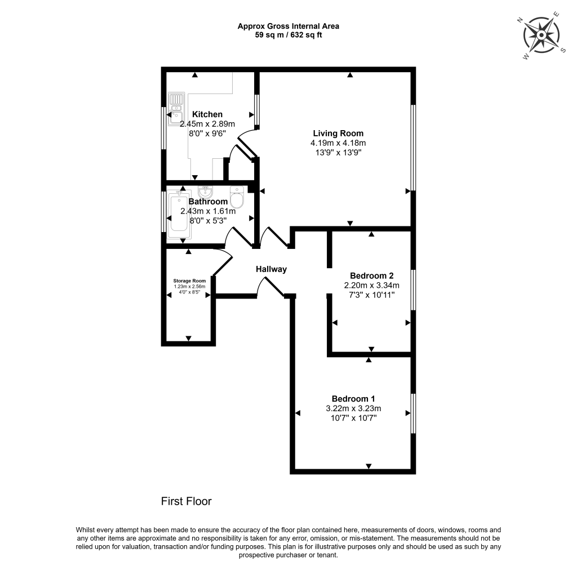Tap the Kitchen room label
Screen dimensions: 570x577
pyautogui.click(x=207, y=114)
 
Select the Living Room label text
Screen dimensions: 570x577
pyautogui.click(x=338, y=133)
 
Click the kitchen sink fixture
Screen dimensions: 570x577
pyautogui.click(x=176, y=108)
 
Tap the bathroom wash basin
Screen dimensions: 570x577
pyautogui.click(x=206, y=192)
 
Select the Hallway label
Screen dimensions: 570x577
pyautogui.click(x=271, y=269)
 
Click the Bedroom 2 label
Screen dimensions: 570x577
pyautogui.click(x=371, y=275)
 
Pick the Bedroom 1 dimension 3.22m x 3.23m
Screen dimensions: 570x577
pyautogui.click(x=353, y=408)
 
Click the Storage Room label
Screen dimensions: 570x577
pyautogui.click(x=189, y=280)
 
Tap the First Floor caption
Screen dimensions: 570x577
pyautogui.click(x=186, y=501)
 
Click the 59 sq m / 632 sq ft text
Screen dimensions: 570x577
pyautogui.click(x=288, y=35)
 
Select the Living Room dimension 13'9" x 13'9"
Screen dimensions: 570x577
pyautogui.click(x=338, y=152)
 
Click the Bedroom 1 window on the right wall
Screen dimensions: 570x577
pyautogui.click(x=413, y=413)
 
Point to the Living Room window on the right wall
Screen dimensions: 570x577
pyautogui.click(x=413, y=148)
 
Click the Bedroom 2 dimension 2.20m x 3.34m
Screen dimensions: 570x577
pyautogui.click(x=371, y=285)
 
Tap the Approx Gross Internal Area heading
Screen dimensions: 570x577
pyautogui.click(x=288, y=26)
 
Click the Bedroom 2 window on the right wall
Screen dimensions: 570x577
pyautogui.click(x=413, y=290)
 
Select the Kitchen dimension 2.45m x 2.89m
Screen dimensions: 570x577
pyautogui.click(x=207, y=124)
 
